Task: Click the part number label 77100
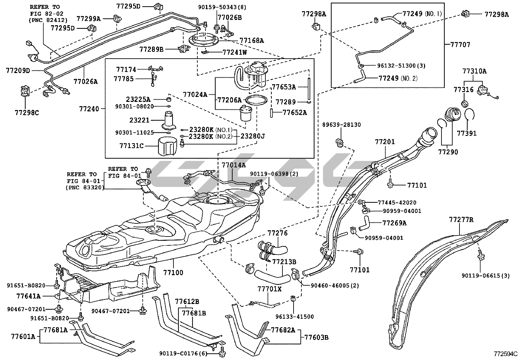[x=173, y=272]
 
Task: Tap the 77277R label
[x=461, y=219]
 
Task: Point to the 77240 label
[x=89, y=108]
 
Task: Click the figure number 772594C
[x=506, y=354]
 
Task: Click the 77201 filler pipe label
[x=385, y=142]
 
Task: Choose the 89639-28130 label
[x=342, y=125]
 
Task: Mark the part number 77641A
[x=28, y=296]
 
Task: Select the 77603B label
[x=316, y=337]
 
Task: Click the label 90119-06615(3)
[x=486, y=276]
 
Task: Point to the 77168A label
[x=252, y=41]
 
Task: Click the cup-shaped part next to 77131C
[x=168, y=146]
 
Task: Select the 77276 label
[x=278, y=233]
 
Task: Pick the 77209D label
[x=18, y=70]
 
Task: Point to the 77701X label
[x=269, y=289]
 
